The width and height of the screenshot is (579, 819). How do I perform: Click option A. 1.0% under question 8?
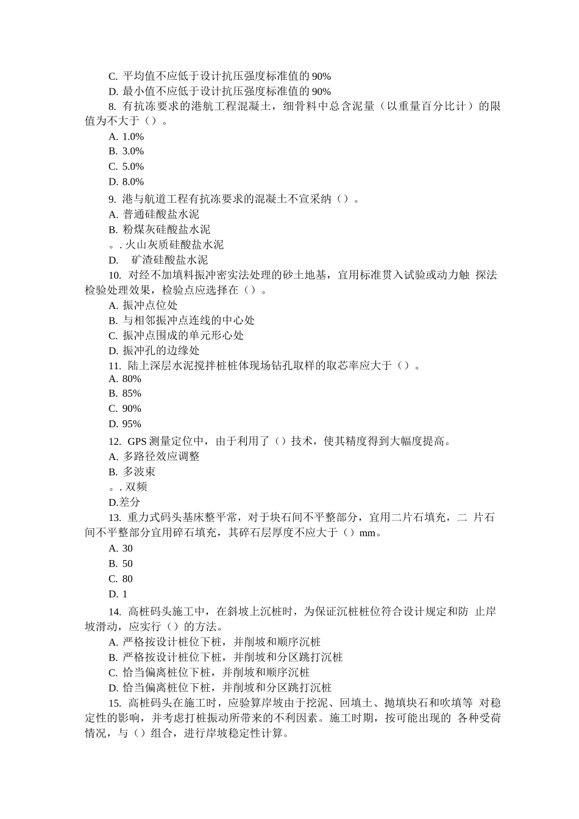click(x=126, y=136)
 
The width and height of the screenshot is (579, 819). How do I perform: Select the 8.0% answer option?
click(x=126, y=182)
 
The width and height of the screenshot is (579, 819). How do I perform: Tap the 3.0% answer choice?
click(x=126, y=151)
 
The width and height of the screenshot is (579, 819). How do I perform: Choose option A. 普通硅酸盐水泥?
click(x=154, y=214)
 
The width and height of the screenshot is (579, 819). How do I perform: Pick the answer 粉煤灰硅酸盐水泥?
click(x=159, y=229)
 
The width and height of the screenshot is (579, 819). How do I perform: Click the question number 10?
click(x=115, y=275)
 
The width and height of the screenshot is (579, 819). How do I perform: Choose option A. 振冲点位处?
click(x=143, y=305)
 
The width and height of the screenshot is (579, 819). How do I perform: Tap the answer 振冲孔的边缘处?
click(x=154, y=350)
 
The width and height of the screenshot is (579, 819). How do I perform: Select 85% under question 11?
click(x=125, y=394)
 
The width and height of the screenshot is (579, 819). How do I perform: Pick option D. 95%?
click(x=125, y=424)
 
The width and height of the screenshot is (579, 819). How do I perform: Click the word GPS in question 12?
click(x=137, y=441)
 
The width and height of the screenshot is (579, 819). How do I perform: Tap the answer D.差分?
click(x=124, y=502)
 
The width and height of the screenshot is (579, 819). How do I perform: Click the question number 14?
click(x=115, y=611)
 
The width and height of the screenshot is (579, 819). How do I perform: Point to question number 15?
click(x=115, y=703)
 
